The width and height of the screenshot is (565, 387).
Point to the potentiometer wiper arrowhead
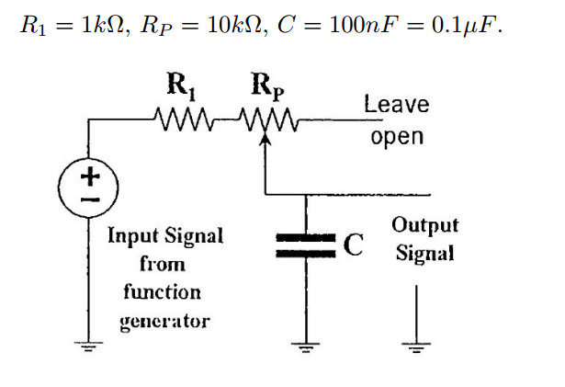tap(265, 141)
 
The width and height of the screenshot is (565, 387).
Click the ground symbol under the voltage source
tap(89, 347)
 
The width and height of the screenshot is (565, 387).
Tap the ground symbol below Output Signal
tap(418, 347)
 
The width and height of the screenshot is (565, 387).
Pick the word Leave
tap(396, 104)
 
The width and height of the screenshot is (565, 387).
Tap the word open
tap(397, 137)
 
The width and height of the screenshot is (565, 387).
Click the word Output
tap(424, 225)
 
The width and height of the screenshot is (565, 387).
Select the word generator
tap(165, 321)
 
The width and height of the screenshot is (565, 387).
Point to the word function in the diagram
tap(162, 292)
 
